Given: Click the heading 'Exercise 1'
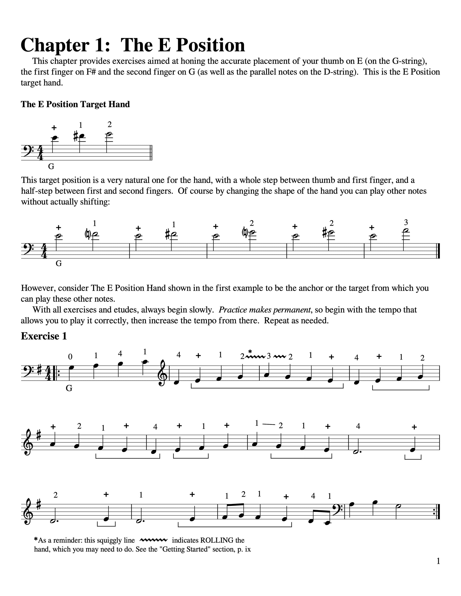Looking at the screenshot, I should (x=44, y=336).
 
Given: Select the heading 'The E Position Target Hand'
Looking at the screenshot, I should (x=75, y=104).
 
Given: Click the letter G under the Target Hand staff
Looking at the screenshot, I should (x=51, y=166).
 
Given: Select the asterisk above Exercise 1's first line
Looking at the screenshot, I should (x=250, y=351).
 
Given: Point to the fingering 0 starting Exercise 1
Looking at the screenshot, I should (x=70, y=357).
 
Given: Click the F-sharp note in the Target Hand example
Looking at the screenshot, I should (x=81, y=136).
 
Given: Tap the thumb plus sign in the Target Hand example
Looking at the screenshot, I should (x=54, y=127).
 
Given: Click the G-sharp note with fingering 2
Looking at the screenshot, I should (x=331, y=232).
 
